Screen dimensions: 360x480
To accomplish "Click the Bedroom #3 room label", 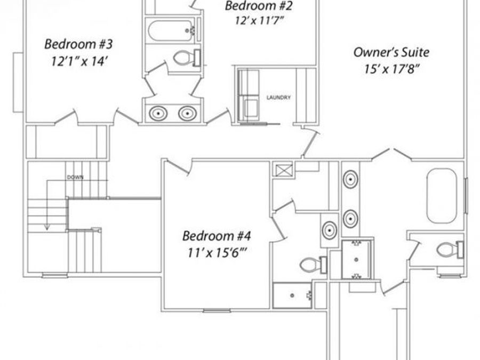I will point(78,43).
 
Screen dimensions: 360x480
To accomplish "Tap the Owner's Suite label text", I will point(391,52).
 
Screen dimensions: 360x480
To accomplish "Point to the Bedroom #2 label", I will point(259,7).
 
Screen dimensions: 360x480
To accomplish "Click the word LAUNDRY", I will point(278,98).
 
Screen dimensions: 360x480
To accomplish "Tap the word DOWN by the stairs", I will point(75,177).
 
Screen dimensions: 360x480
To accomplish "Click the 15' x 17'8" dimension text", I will point(391,69).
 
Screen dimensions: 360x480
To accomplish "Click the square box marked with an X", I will point(282,171).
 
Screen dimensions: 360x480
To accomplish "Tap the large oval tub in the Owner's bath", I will point(442,196).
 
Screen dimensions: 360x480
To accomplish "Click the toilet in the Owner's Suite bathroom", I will point(447,249).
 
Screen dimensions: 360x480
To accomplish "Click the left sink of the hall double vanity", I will point(158,113).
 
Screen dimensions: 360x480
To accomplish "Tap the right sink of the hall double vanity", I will point(187,113).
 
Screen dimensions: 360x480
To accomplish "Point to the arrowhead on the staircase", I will point(47,226).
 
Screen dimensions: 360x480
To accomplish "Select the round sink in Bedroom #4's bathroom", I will point(329,230).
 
